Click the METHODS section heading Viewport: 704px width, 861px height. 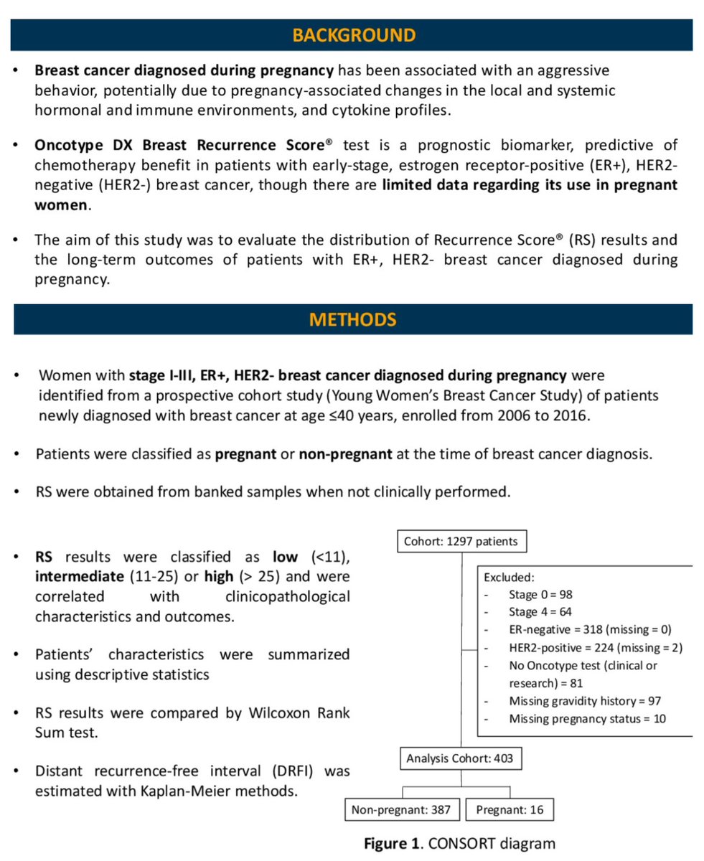coord(352,319)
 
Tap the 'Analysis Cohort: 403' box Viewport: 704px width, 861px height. coord(460,758)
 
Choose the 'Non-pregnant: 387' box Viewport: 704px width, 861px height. coord(401,810)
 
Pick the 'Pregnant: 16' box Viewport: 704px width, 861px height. coord(510,810)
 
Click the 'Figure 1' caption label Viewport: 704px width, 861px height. coord(391,843)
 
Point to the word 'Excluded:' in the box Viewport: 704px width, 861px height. coord(508,576)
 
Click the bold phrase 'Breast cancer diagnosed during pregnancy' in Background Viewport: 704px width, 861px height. coord(184,71)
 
